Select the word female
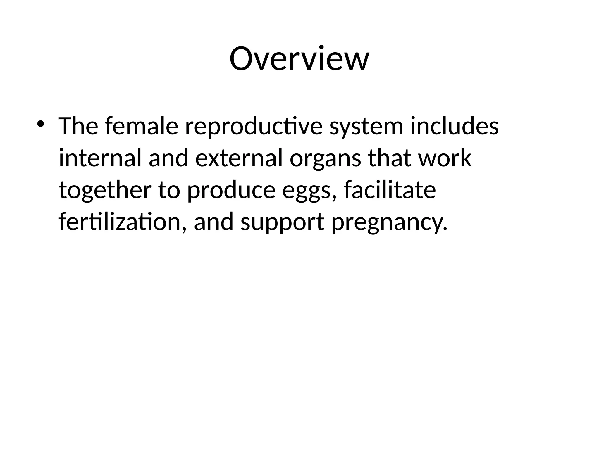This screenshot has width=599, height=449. coord(141,126)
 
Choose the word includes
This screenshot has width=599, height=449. coord(455,126)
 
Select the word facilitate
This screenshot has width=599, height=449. coord(390,190)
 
